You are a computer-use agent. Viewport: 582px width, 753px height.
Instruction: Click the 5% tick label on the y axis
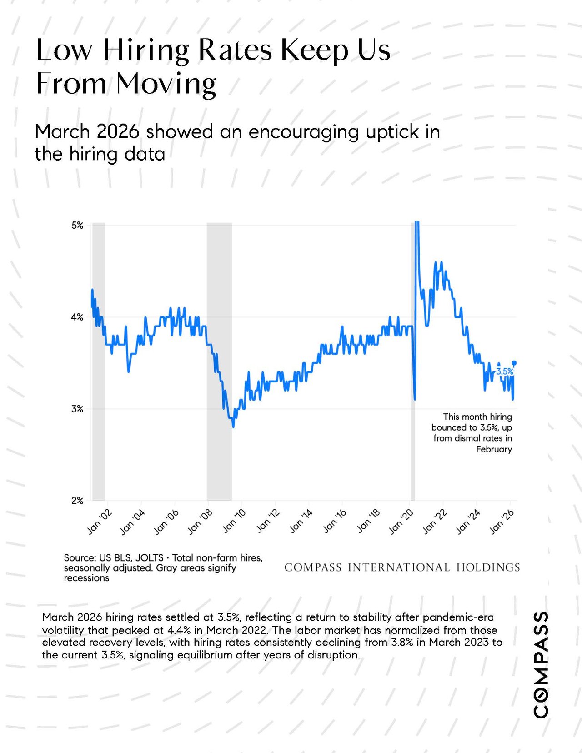(77, 226)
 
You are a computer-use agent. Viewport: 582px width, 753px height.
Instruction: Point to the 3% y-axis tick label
(77, 409)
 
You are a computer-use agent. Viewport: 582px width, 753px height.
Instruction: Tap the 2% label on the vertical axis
(77, 501)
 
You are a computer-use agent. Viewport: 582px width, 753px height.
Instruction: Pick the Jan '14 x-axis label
(301, 522)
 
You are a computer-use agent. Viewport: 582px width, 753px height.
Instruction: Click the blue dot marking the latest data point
(514, 363)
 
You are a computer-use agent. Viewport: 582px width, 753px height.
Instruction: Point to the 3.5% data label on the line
(505, 371)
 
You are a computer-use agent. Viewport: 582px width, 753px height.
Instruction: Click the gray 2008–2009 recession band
(219, 362)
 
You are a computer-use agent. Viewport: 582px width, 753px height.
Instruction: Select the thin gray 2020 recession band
(412, 362)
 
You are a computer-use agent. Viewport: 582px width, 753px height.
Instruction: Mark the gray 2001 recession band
(98, 362)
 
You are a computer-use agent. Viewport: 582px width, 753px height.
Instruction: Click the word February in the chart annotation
(494, 449)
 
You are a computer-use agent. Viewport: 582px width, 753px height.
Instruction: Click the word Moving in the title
(166, 84)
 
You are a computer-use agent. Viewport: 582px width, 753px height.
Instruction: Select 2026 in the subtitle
(118, 132)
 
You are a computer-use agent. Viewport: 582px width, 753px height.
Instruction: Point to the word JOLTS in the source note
(149, 558)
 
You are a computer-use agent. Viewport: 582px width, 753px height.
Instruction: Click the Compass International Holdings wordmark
(402, 567)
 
